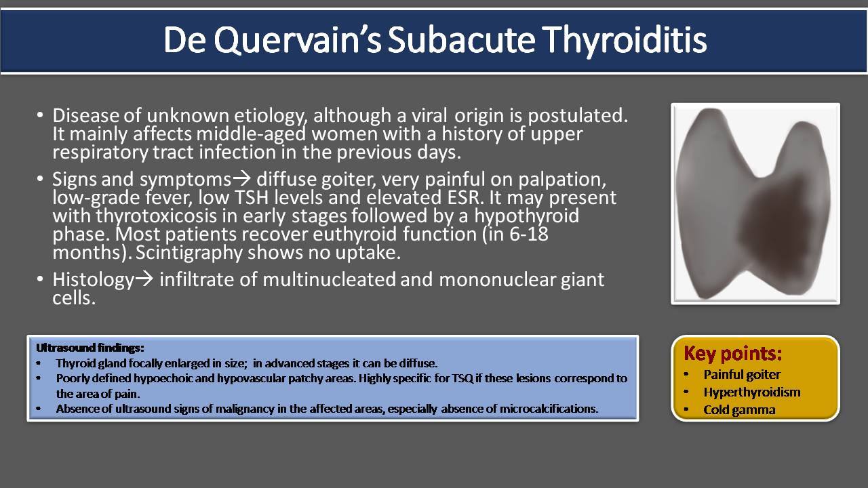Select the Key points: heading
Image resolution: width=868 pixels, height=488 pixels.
(733, 353)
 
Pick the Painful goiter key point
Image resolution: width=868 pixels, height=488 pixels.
(742, 375)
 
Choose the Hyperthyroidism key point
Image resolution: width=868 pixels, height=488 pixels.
(752, 392)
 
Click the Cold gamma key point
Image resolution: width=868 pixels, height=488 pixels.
(739, 410)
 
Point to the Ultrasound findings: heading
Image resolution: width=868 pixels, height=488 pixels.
(90, 348)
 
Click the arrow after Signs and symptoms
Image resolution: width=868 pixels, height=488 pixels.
(242, 178)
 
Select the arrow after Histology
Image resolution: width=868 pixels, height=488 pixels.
(144, 279)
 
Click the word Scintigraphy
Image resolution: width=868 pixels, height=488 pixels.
(189, 253)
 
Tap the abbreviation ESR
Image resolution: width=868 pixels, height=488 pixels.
(465, 197)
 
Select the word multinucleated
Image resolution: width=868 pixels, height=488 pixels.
(330, 279)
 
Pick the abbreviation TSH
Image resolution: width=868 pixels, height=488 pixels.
(252, 197)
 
